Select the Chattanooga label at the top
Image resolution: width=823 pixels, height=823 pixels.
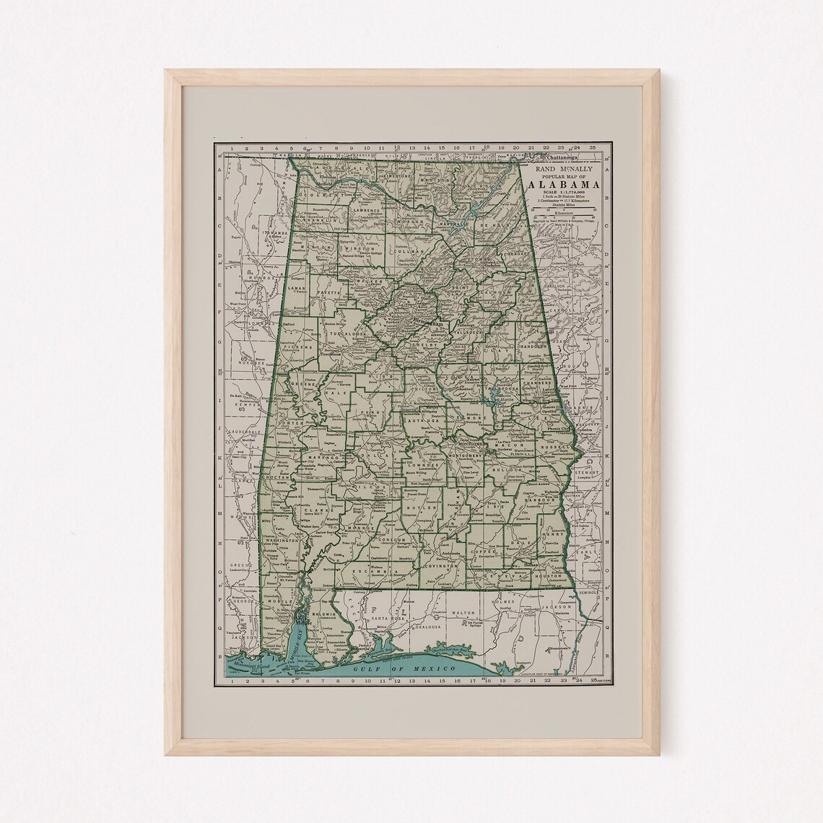click(x=566, y=157)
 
